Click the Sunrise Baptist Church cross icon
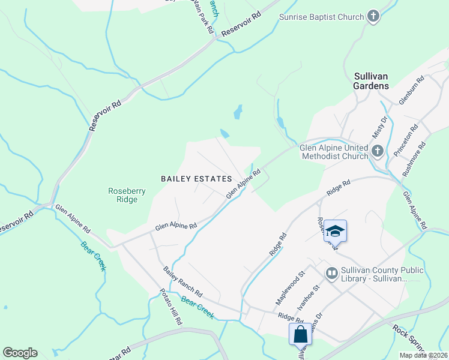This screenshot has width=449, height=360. point(374,16)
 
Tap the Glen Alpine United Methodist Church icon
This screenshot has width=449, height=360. point(378,151)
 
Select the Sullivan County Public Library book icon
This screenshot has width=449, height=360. point(331,274)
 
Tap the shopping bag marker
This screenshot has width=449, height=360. point(300,334)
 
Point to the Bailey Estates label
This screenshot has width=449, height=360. point(196,179)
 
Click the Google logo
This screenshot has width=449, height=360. point(20,353)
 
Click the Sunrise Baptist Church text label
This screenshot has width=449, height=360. point(322,17)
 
